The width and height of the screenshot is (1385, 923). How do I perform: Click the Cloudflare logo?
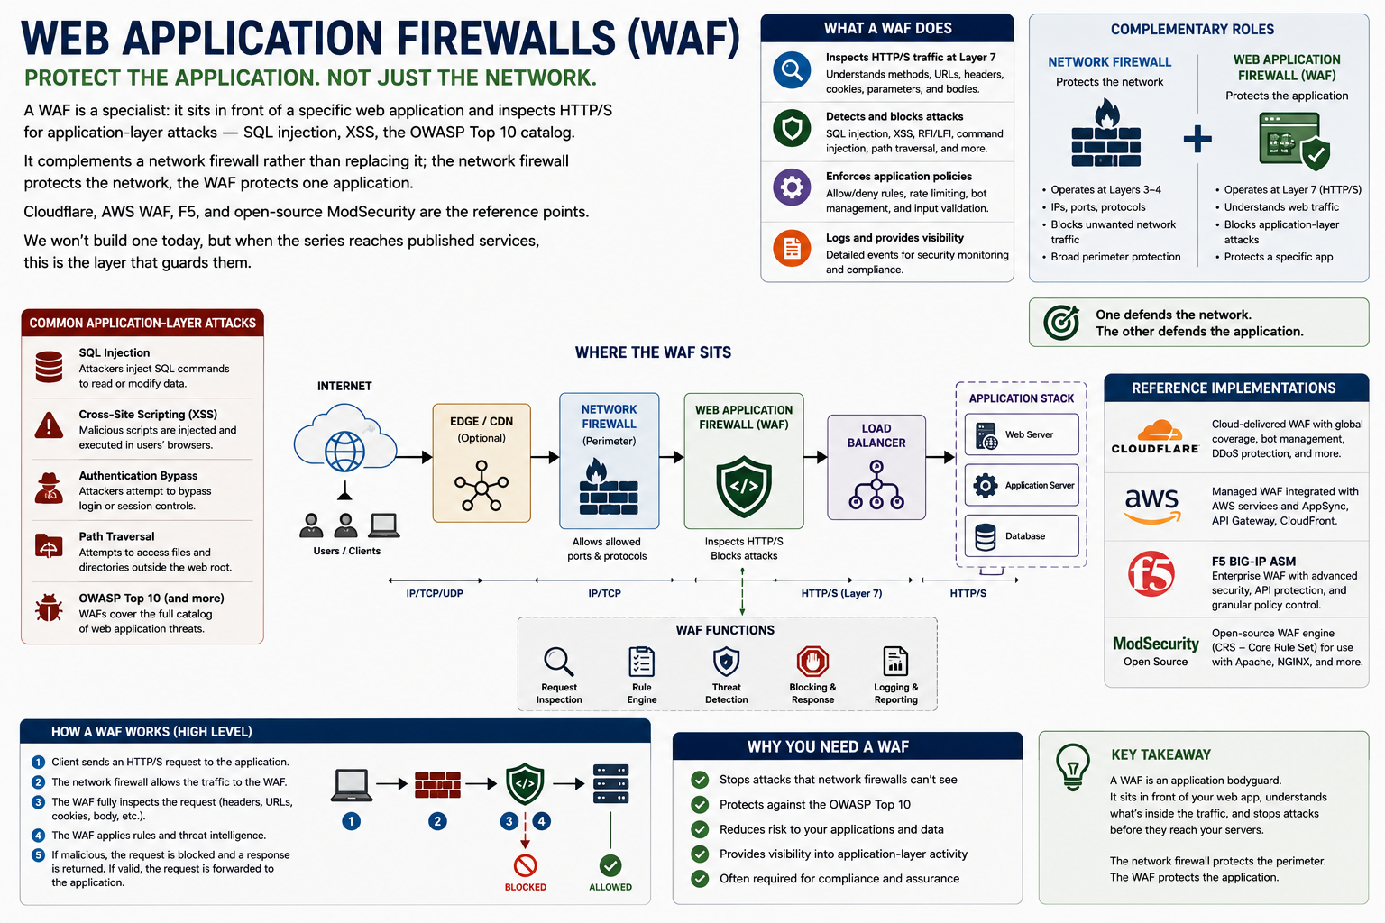1155,437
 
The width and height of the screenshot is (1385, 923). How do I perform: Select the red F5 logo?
1151,573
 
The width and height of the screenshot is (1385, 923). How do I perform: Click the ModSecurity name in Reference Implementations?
1156,644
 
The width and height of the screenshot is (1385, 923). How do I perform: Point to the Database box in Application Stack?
1022,536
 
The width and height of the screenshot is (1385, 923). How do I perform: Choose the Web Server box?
1022,434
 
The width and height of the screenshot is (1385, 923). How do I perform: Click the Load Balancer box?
876,467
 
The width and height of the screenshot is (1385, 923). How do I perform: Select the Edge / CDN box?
482,463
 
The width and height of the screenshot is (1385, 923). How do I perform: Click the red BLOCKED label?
526,887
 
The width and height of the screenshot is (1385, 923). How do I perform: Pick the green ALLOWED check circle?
610,865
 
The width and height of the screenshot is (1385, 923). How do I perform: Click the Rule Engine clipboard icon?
642,662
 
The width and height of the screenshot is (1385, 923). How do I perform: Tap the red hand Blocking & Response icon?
812,662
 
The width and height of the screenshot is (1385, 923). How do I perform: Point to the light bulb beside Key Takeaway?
1073,767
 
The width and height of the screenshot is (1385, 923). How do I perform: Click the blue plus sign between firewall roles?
1197,139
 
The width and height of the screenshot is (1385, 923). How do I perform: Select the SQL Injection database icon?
49,367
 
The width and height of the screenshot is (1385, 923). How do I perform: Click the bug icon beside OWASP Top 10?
49,608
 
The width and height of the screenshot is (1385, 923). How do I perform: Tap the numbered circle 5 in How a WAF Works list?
39,855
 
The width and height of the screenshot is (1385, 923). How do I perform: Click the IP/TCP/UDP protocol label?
435,593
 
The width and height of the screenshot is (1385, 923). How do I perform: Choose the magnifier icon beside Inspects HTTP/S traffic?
792,70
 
